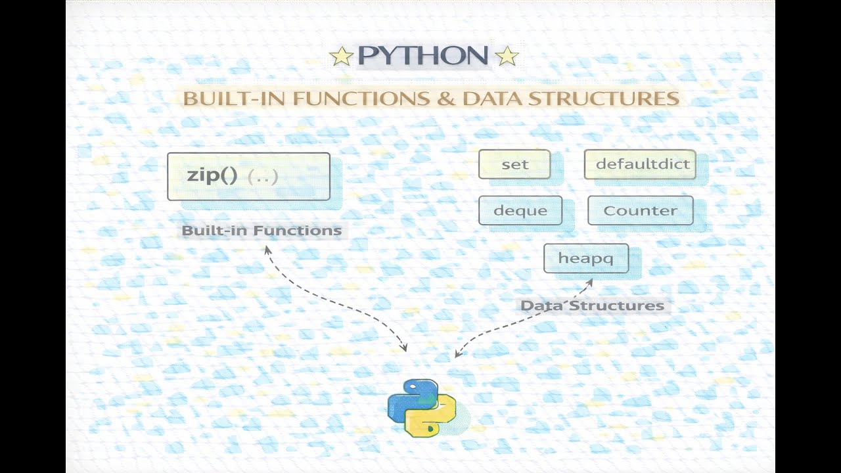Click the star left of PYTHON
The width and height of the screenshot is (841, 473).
tap(341, 56)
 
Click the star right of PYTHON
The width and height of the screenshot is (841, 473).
tap(506, 56)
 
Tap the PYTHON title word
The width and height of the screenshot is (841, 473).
tap(423, 56)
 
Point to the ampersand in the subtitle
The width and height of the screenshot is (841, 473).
tap(447, 99)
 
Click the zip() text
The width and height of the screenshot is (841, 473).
tap(212, 175)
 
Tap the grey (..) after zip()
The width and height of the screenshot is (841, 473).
tap(263, 176)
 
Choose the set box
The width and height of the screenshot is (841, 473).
tap(514, 164)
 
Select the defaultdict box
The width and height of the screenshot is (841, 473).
tap(640, 164)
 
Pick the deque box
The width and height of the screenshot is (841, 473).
tap(520, 211)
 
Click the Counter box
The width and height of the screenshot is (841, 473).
tap(640, 211)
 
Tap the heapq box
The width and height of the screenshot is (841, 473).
tap(586, 258)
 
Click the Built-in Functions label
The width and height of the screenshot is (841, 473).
tap(261, 231)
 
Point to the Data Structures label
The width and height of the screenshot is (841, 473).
tap(592, 305)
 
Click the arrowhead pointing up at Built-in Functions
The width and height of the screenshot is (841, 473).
tap(267, 250)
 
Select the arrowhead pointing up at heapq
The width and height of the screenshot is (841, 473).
tap(589, 282)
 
